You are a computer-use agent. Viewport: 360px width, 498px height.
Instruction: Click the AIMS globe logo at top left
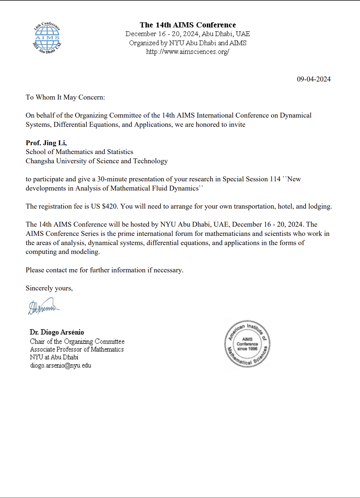click(47, 38)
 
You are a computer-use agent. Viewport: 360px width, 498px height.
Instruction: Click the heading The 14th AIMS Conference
click(188, 25)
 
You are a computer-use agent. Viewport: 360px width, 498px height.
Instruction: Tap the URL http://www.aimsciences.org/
click(188, 52)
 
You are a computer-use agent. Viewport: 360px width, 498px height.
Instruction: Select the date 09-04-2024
click(314, 79)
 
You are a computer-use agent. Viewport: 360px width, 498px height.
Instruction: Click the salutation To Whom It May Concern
click(65, 97)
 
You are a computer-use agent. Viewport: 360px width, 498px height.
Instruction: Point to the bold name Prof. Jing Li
click(46, 143)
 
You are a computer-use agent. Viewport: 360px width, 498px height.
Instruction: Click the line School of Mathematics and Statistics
click(79, 152)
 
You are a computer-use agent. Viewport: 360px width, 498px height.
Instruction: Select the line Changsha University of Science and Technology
click(97, 161)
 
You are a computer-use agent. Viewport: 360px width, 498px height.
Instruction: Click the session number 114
click(275, 179)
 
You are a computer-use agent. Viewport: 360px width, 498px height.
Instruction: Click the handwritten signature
click(43, 306)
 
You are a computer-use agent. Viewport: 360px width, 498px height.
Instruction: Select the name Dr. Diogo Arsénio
click(57, 332)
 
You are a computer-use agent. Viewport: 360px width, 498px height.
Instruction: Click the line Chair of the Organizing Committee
click(77, 342)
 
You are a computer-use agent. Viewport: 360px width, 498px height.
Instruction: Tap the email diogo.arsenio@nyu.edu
click(61, 365)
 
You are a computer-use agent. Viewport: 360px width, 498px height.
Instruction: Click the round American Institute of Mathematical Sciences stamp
click(247, 344)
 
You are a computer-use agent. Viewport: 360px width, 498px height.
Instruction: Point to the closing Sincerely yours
click(49, 288)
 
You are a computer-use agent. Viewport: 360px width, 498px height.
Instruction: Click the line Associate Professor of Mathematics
click(77, 349)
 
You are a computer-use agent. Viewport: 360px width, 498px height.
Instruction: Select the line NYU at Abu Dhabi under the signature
click(54, 357)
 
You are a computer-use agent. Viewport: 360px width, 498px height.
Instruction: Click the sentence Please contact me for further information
click(104, 270)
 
